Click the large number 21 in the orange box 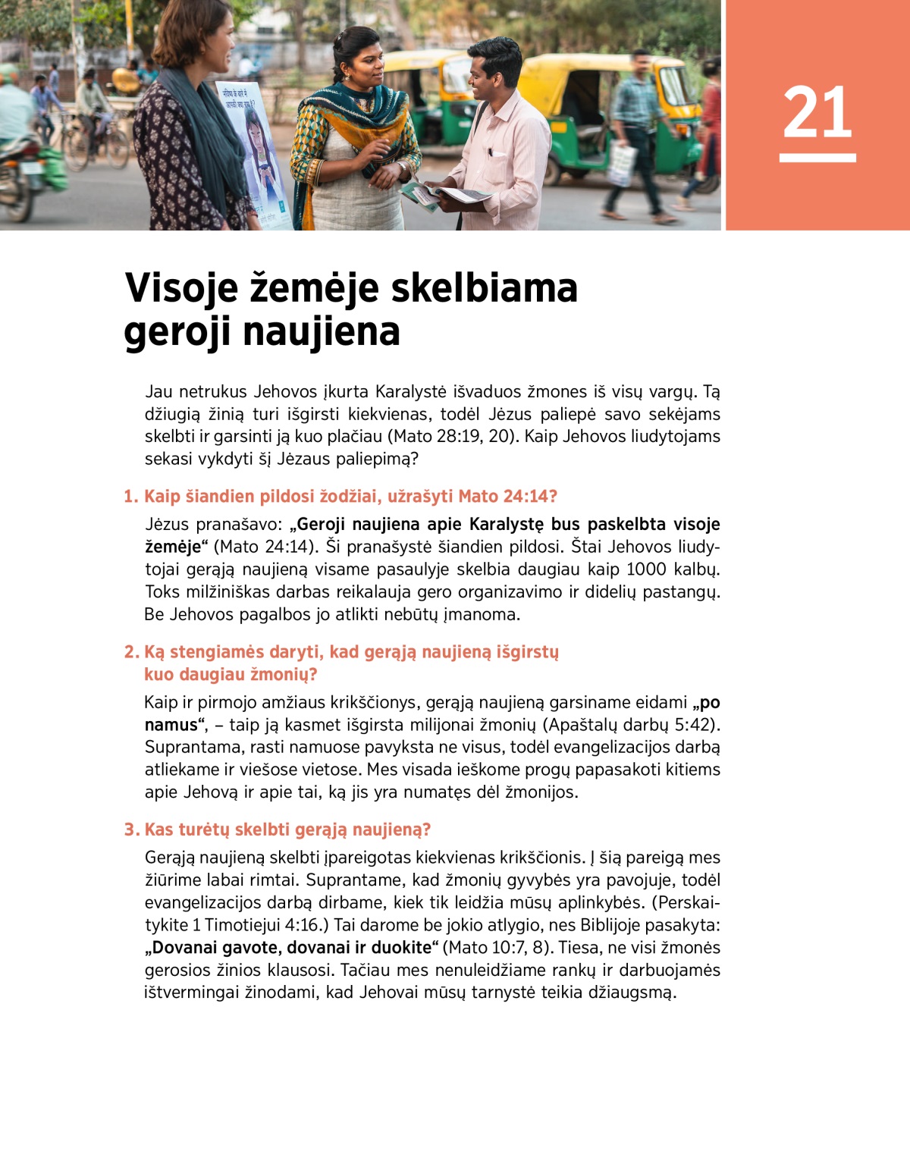[x=817, y=112]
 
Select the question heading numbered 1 [x=340, y=497]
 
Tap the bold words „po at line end [x=706, y=703]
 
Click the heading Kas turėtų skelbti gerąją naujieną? [x=278, y=830]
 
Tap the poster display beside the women [x=255, y=152]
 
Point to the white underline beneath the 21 [x=817, y=158]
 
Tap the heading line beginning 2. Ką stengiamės [x=341, y=653]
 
